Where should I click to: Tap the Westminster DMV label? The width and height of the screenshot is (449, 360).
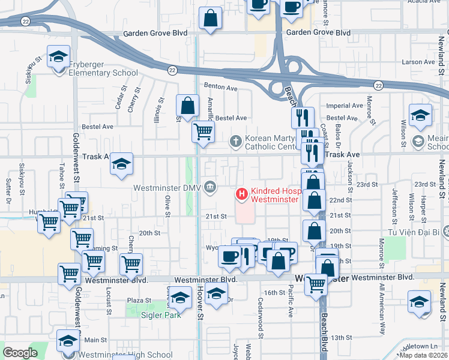(x=167, y=187)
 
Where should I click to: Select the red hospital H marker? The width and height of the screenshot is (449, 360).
(x=241, y=194)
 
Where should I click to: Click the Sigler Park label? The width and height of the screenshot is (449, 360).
(x=161, y=314)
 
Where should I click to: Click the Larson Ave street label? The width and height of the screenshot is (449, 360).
(x=418, y=62)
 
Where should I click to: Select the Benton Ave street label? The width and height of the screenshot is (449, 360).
(x=221, y=87)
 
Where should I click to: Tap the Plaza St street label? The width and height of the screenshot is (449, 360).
(x=139, y=300)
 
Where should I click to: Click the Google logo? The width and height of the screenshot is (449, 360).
(x=20, y=353)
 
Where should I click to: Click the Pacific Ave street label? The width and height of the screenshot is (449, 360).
(x=290, y=303)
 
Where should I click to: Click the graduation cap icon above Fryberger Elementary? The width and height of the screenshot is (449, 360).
(x=59, y=57)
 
